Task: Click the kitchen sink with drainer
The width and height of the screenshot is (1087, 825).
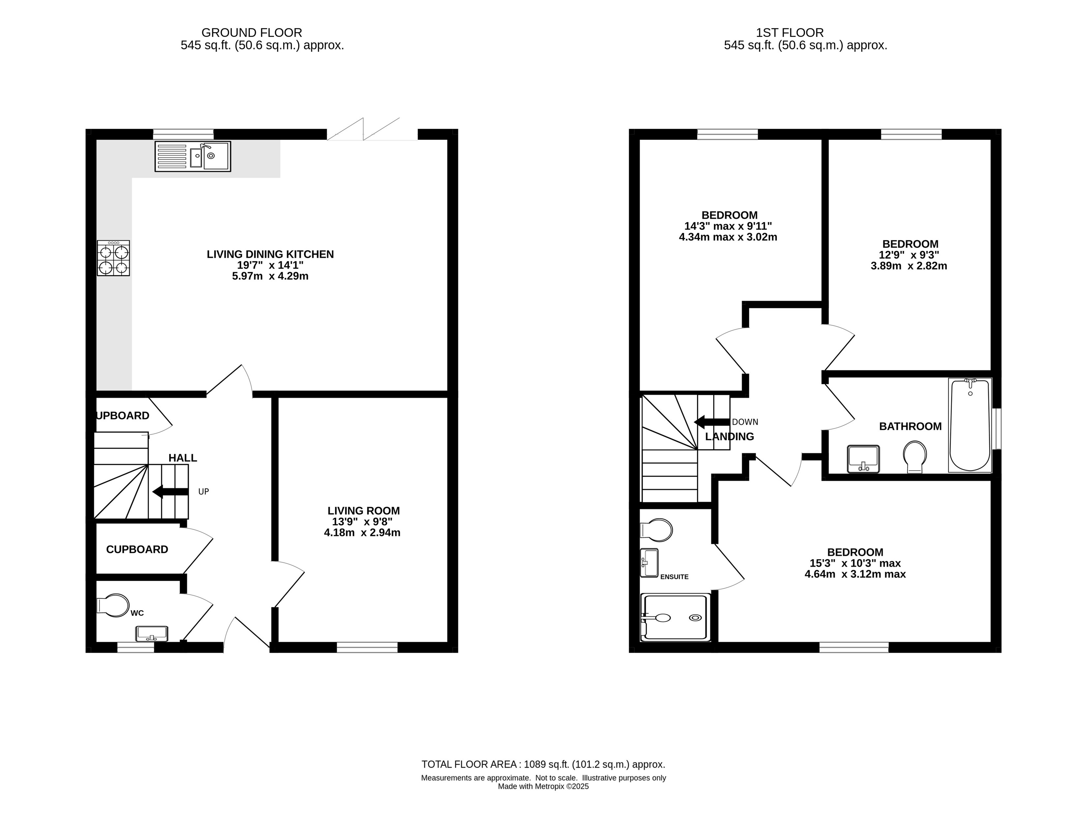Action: (x=193, y=156)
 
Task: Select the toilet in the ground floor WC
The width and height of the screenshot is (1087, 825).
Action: (x=113, y=605)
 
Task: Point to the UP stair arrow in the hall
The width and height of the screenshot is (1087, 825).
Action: (x=170, y=491)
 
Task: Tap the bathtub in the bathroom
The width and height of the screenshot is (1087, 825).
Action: (x=970, y=425)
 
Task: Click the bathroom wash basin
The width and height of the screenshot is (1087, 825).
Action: (x=863, y=459)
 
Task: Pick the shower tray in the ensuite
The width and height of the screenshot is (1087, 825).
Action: (x=676, y=617)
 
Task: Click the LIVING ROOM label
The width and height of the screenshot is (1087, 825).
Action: (x=364, y=511)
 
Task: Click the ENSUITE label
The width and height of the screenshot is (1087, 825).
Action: (x=674, y=577)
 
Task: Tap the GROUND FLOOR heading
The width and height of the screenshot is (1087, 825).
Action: (x=252, y=33)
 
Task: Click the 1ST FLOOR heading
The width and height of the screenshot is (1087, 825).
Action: (x=790, y=33)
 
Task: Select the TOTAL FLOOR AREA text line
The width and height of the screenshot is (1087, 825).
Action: (x=543, y=764)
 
